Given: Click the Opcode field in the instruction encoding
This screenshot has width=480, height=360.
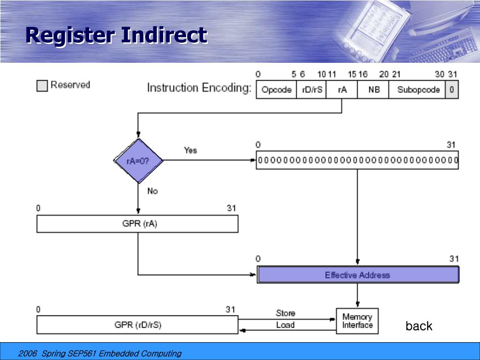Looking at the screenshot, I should [x=276, y=90].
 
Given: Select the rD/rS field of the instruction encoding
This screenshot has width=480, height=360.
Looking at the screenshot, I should [x=312, y=90].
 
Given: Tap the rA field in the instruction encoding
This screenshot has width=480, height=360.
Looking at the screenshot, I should [x=342, y=90].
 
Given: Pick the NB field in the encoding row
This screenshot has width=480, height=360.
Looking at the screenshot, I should [x=373, y=90].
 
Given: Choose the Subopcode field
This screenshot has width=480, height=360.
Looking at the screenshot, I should [x=418, y=90].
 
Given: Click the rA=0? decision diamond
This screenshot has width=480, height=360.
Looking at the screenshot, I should [x=138, y=161].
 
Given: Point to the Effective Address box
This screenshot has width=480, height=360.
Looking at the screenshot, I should [x=358, y=275].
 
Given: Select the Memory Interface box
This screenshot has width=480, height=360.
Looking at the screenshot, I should [x=357, y=321].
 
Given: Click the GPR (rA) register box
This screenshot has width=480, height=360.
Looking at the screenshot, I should [x=137, y=224].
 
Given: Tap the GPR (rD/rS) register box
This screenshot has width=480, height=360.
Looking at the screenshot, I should [x=137, y=325].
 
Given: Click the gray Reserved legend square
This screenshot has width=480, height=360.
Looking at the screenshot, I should [x=42, y=86].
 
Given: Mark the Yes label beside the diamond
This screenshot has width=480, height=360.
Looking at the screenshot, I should [x=190, y=150].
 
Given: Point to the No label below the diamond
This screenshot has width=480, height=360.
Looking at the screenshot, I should [x=152, y=191].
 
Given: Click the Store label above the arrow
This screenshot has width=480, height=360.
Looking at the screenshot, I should [x=285, y=313].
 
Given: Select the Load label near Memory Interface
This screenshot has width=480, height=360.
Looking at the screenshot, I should [x=285, y=325].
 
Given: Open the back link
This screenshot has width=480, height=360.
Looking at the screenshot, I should [x=419, y=326].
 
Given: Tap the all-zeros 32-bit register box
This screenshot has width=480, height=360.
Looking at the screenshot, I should [x=357, y=160].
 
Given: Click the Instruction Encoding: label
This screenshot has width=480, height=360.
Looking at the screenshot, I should [x=199, y=88].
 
